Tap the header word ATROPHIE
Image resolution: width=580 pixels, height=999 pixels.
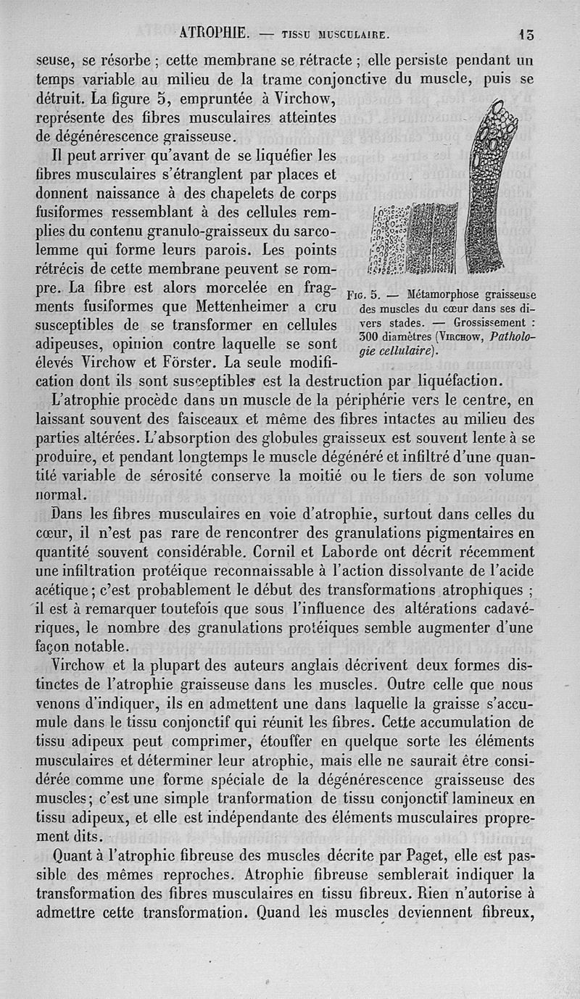click(214, 33)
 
